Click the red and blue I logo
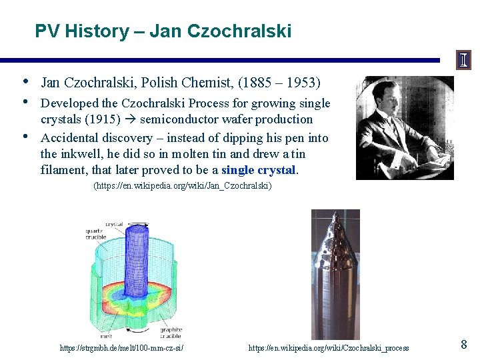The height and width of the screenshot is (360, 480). [x=463, y=60]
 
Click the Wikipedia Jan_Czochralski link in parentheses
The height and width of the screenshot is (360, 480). [x=183, y=186]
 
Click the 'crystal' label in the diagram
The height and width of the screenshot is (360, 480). [x=114, y=224]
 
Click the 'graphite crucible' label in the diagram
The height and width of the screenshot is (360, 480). [x=171, y=332]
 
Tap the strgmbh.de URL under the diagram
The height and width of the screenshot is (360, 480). [x=121, y=348]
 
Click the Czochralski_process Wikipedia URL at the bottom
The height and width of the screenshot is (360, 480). [x=329, y=348]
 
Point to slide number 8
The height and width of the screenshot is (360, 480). [x=464, y=345]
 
